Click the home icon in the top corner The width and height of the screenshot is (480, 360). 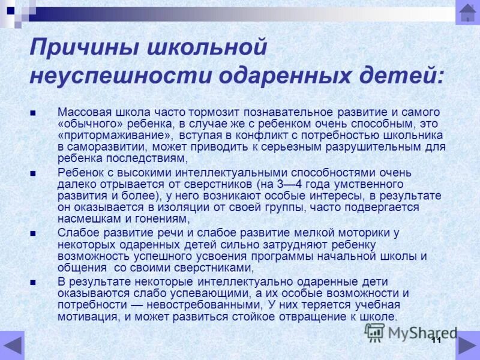point(467,13)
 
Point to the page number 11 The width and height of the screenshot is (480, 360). point(436,340)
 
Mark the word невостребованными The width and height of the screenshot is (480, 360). point(184,305)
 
